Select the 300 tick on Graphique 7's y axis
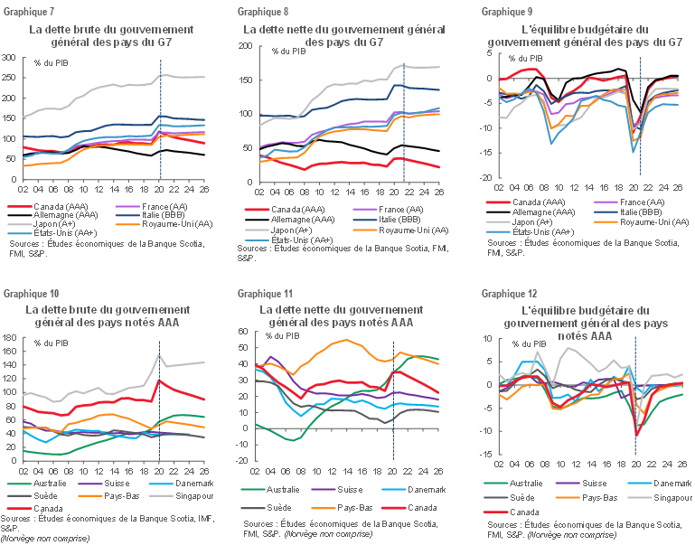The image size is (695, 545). click(x=10, y=56)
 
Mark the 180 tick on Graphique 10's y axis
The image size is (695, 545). click(x=10, y=338)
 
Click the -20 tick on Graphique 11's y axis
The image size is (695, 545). click(x=243, y=460)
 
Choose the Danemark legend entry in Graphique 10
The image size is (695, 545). click(x=194, y=483)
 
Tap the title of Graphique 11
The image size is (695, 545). click(x=349, y=315)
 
